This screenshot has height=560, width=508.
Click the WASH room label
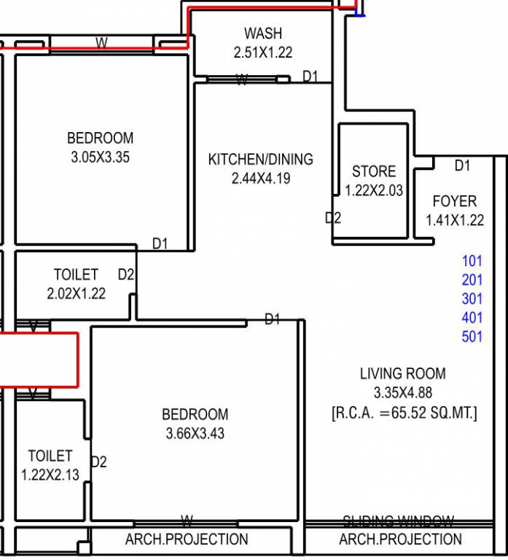262,34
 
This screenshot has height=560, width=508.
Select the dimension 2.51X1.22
262,52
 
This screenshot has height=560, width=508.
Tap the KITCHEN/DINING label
260,159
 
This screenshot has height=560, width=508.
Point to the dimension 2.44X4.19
260,178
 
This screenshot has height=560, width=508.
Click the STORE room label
374,171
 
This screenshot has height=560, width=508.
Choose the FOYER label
454,201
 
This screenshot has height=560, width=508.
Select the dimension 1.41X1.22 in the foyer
455,220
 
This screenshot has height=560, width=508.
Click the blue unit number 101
472,260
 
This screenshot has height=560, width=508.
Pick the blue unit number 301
472,299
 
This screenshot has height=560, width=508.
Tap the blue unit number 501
472,337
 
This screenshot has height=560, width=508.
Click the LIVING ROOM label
402,374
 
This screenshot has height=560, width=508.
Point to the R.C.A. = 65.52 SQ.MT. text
405,413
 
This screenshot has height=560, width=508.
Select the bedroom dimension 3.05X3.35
100,157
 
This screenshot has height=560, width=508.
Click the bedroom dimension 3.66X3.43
195,434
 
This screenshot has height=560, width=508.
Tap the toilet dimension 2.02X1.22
75,294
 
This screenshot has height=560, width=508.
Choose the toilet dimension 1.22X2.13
50,475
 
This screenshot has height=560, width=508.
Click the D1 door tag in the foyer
462,166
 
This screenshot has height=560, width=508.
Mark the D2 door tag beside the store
332,217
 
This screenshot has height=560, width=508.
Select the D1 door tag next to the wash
310,76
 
